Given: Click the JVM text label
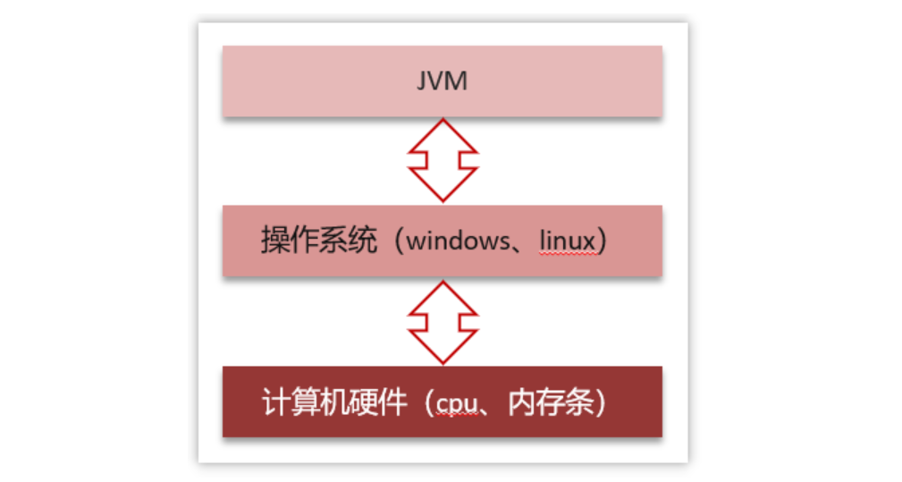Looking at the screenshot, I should tap(442, 81).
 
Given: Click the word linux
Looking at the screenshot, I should tap(568, 242).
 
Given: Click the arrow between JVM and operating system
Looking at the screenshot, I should tap(443, 160).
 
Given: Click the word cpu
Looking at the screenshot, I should tap(455, 403).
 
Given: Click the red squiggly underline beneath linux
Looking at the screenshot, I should tap(568, 255).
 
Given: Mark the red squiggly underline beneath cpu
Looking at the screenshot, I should tap(455, 417).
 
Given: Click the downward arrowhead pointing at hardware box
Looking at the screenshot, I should tap(443, 350).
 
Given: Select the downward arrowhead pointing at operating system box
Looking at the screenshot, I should tap(443, 189).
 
